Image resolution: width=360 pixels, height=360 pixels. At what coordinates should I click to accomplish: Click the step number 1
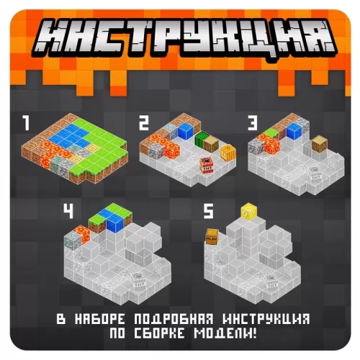pyautogui.click(x=26, y=122)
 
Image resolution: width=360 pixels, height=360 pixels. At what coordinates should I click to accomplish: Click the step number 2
pyautogui.click(x=144, y=122)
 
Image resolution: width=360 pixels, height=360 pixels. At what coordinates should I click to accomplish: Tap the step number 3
pyautogui.click(x=253, y=122)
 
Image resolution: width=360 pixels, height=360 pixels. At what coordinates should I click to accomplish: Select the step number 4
pyautogui.click(x=68, y=211)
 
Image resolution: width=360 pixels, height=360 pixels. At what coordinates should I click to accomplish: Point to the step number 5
pyautogui.click(x=208, y=211)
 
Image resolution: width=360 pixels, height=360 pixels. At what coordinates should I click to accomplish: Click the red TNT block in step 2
pyautogui.click(x=207, y=165)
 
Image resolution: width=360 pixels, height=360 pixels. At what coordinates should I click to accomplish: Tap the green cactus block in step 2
pyautogui.click(x=199, y=139)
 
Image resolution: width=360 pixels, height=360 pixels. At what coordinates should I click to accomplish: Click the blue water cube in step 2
pyautogui.click(x=186, y=131)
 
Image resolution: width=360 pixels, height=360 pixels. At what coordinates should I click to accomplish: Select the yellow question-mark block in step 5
pyautogui.click(x=249, y=211)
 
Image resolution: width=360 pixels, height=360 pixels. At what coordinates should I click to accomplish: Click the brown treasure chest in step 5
pyautogui.click(x=212, y=237)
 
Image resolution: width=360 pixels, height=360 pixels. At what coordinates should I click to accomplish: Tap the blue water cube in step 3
pyautogui.click(x=294, y=131)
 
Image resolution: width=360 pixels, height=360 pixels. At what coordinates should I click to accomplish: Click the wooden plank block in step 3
pyautogui.click(x=320, y=144)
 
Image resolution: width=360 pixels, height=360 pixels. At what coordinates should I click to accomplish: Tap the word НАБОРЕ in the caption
pyautogui.click(x=100, y=319)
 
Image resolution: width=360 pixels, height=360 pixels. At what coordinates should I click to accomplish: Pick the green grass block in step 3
pyautogui.click(x=271, y=132)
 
